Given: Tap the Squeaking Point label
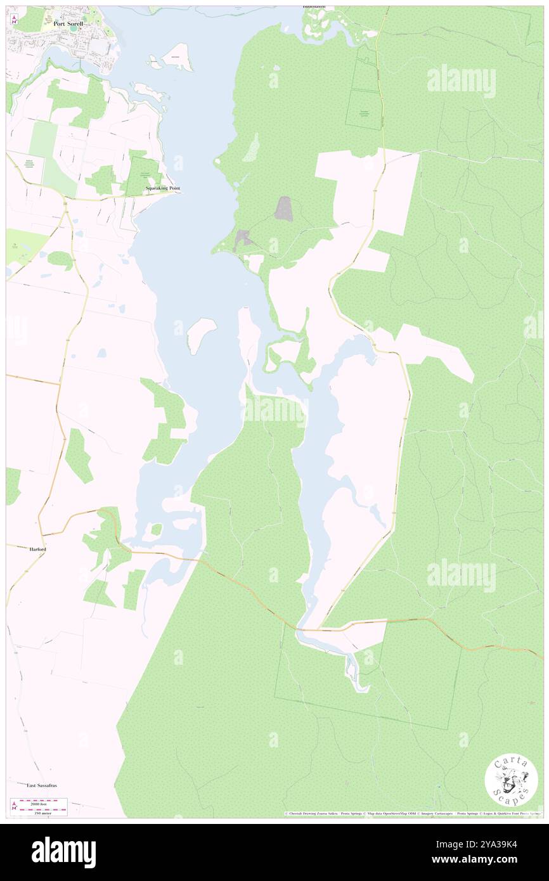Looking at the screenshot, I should [164, 189].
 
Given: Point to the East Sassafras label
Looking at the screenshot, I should [42, 785].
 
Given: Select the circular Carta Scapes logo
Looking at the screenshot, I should [511, 781].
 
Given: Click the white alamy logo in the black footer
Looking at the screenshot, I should [63, 851].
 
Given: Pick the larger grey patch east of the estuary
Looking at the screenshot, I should [283, 209].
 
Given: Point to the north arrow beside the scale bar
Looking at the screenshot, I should [13, 806].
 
